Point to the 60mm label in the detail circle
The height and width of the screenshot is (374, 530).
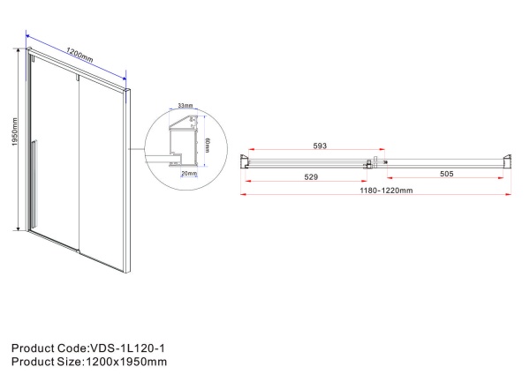pos(206,144)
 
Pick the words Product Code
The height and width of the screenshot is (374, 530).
pos(44,348)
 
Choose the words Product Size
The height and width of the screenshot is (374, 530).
pos(42,362)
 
